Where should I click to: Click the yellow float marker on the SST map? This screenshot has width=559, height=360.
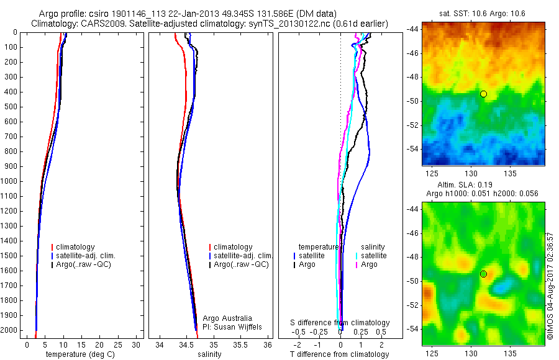tap(483, 94)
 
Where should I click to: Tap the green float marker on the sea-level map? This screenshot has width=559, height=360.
tap(483, 274)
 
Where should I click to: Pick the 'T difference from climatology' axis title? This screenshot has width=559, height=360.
tap(339, 354)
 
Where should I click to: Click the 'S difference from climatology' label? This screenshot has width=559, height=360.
tap(340, 323)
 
